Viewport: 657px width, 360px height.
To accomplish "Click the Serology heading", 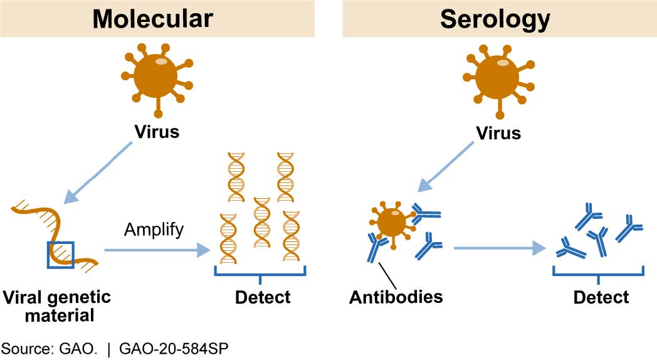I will [x=495, y=19].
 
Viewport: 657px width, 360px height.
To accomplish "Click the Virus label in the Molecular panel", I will [x=155, y=133].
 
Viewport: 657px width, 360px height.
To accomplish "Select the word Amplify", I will [x=153, y=229].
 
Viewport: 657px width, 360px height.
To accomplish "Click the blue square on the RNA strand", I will [x=61, y=255].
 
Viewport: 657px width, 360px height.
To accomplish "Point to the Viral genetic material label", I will [x=56, y=305].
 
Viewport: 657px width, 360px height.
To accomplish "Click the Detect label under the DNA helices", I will [x=263, y=297].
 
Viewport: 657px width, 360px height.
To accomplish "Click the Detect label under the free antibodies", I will [x=601, y=297].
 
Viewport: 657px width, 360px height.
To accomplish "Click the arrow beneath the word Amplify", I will [x=157, y=251].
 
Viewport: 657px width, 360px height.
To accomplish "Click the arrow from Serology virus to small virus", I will [x=446, y=167].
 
